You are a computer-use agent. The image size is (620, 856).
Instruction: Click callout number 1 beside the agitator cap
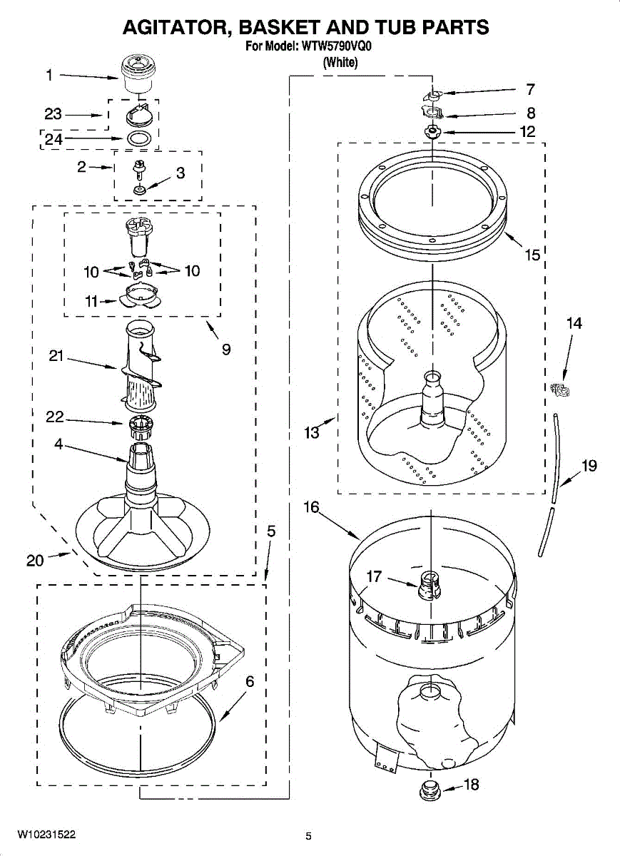tap(49, 74)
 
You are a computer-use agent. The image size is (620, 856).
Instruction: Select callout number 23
tap(54, 114)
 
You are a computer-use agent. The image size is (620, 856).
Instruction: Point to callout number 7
tap(530, 90)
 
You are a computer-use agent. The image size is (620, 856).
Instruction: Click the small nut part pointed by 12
tap(432, 131)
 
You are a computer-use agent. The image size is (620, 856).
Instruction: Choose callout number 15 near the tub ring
tap(532, 255)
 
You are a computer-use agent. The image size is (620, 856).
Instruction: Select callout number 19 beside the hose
tap(589, 466)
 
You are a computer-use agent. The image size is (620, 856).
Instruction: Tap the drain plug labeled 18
tap(430, 789)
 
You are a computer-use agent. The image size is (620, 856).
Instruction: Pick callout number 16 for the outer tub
tap(311, 507)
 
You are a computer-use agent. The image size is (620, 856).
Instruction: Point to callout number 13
tap(312, 432)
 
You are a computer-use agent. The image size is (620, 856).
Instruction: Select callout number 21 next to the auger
tap(58, 357)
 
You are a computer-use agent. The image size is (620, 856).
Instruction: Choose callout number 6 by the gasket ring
tap(249, 681)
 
